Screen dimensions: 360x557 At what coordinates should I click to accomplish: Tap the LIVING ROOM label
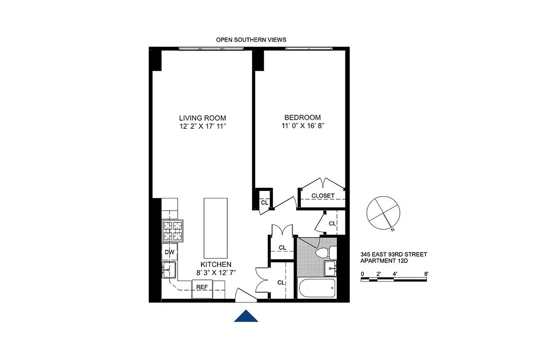coord(202,118)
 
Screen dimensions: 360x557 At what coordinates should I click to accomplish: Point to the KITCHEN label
coord(216,265)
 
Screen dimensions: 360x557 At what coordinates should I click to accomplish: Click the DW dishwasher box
coord(169,252)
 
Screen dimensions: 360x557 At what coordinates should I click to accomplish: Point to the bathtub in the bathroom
coord(317,288)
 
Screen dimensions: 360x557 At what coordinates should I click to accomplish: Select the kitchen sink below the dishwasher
coord(169,270)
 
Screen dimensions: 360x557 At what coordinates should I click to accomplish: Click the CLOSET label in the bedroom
coord(323,196)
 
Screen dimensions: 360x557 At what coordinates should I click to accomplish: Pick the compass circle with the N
coord(383,213)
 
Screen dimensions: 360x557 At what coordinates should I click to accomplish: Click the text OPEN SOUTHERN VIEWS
coord(251,40)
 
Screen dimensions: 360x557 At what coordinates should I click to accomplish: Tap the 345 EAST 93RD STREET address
coord(394,255)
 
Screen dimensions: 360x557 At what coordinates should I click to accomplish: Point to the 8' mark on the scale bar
coord(426,274)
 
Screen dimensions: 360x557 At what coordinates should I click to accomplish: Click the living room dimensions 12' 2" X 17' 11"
coord(202,126)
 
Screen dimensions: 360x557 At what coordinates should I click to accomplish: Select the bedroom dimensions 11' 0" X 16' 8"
coord(302,126)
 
